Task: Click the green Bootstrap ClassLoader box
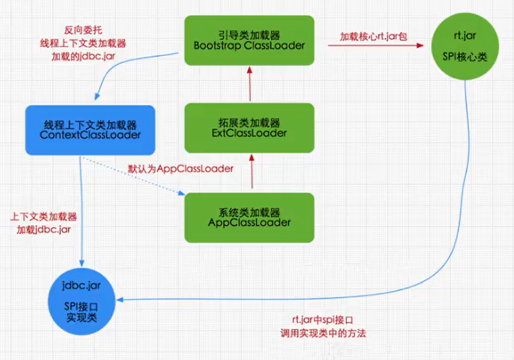[x=249, y=40]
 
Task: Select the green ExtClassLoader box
[x=249, y=128]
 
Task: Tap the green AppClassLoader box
[x=249, y=217]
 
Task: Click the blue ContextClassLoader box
[x=90, y=130]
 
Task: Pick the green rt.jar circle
[x=465, y=46]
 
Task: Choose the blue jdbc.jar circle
[x=82, y=302]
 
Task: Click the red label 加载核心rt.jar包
[x=374, y=36]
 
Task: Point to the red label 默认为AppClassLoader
[x=180, y=169]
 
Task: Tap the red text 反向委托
[x=83, y=30]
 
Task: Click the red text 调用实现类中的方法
[x=323, y=333]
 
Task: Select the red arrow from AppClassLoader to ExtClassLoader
[x=252, y=171]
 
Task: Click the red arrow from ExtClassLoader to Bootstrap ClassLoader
[x=250, y=84]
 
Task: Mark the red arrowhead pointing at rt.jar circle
[x=420, y=45]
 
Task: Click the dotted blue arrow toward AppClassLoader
[x=133, y=176]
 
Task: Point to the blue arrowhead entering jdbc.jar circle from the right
[x=120, y=300]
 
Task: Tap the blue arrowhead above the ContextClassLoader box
[x=97, y=97]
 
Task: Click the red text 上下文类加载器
[x=43, y=217]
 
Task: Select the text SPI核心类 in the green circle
[x=465, y=57]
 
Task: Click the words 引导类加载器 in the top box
[x=249, y=35]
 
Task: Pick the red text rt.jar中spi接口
[x=323, y=320]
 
